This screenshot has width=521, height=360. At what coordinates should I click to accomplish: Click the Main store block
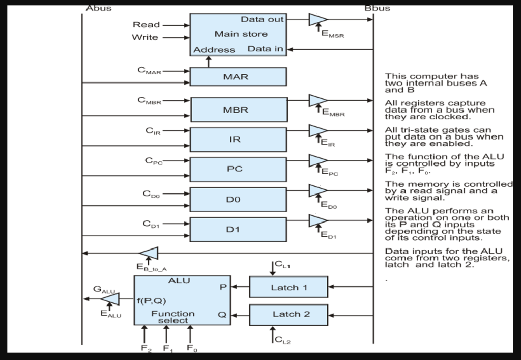(238, 34)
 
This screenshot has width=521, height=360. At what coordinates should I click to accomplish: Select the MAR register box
(238, 77)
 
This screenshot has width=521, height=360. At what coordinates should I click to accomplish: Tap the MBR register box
(238, 109)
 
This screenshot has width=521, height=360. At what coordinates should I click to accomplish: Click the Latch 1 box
(288, 287)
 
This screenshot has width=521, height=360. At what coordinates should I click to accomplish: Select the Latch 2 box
(288, 314)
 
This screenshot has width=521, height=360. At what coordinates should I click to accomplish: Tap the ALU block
(182, 300)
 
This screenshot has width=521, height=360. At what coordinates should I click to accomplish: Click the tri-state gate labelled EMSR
(317, 20)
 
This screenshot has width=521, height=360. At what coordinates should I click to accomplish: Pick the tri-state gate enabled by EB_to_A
(150, 253)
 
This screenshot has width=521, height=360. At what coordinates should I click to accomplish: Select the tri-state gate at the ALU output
(111, 299)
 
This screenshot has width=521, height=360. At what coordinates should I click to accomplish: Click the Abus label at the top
(98, 8)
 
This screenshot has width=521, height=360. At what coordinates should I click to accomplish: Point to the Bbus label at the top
(377, 8)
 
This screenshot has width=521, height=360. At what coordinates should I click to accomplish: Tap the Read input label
(146, 25)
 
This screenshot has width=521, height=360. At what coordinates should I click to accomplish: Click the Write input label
(145, 37)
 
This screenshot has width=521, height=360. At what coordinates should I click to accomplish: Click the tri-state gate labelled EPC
(317, 160)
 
